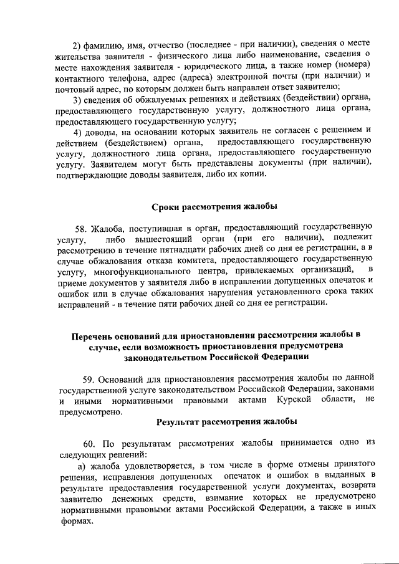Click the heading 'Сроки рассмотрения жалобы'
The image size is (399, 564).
214,206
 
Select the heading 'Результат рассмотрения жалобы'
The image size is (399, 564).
226,421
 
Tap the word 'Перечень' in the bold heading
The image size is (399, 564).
95,335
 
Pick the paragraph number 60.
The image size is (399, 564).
91,443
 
